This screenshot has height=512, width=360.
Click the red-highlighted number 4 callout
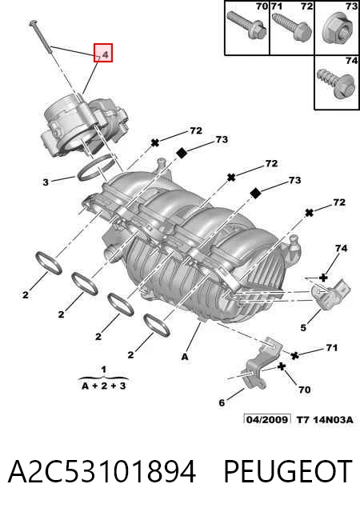tap(103, 53)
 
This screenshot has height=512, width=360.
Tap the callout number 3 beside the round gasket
tap(46, 182)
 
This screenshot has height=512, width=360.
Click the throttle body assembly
tap(83, 126)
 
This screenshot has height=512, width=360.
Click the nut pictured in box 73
tap(337, 30)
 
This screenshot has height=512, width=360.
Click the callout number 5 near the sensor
tap(303, 327)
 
